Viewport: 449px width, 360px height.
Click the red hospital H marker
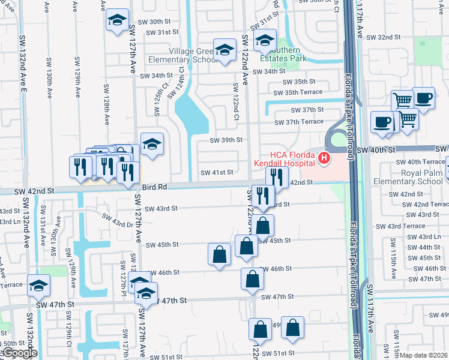click(x=324, y=159)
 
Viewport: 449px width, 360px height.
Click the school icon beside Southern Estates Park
click(x=264, y=41)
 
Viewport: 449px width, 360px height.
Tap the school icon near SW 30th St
click(x=117, y=20)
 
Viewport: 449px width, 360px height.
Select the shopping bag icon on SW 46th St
click(x=252, y=278)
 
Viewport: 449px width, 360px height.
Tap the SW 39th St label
click(x=226, y=140)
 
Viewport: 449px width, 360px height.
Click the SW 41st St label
click(x=216, y=172)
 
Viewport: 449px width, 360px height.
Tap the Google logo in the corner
click(x=19, y=353)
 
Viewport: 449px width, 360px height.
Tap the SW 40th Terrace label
click(x=420, y=162)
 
